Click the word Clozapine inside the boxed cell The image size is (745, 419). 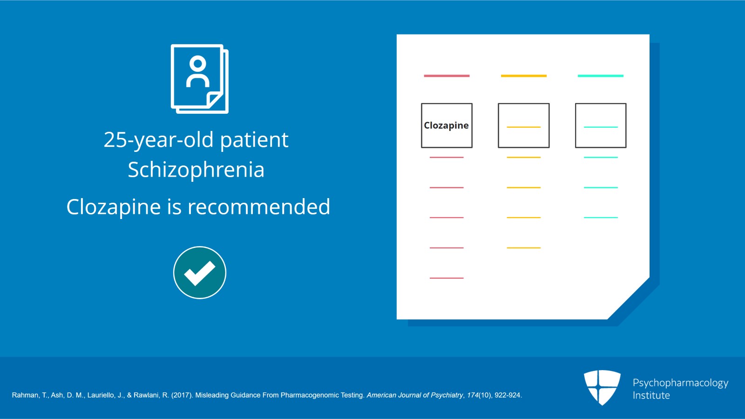(446, 125)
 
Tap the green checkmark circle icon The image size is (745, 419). (200, 273)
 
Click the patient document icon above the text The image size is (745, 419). (199, 79)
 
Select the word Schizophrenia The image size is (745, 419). (196, 170)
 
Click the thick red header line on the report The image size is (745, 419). (447, 76)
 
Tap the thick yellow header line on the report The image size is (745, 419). (523, 76)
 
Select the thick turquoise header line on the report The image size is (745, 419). (600, 76)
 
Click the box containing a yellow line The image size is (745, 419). (523, 125)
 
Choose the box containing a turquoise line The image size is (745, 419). (600, 125)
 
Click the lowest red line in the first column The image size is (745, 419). (447, 278)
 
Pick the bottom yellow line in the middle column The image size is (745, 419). (523, 248)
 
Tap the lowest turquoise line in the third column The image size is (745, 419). (600, 218)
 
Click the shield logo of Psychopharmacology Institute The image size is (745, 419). (602, 387)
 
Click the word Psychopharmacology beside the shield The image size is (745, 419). (680, 383)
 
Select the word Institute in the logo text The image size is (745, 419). (651, 395)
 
